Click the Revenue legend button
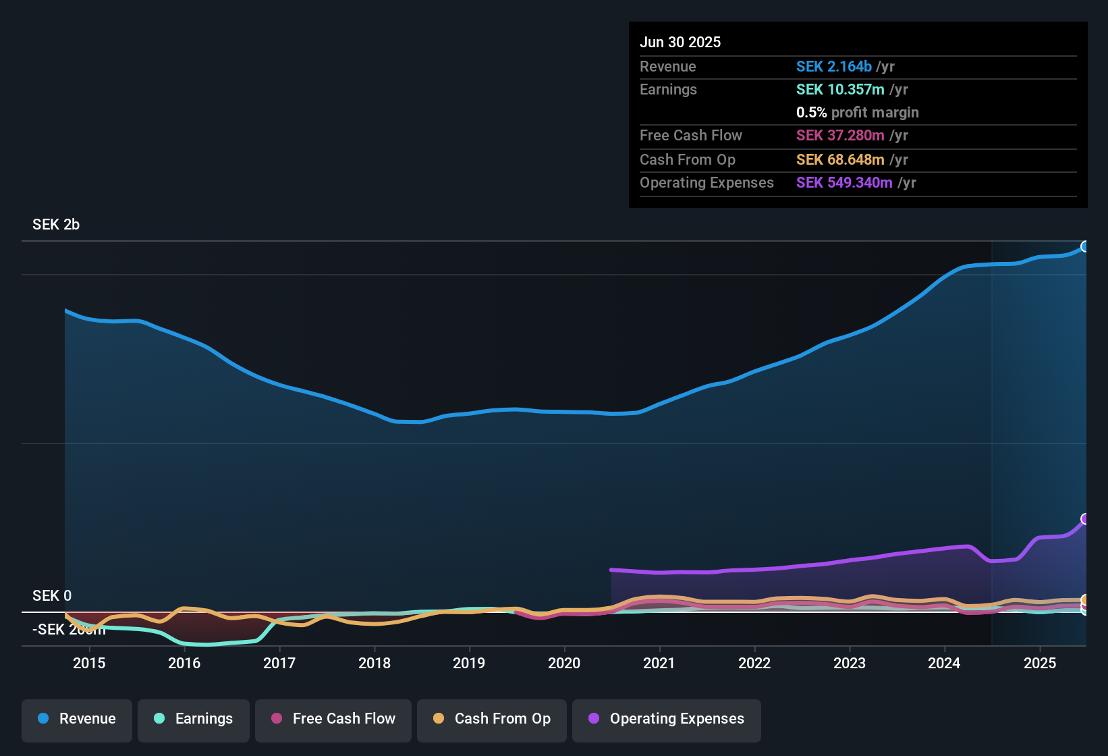click(77, 719)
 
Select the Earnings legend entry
click(194, 719)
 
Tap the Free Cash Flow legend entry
click(333, 719)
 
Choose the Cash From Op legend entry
click(492, 719)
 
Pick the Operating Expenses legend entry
click(667, 719)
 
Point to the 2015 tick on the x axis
click(89, 663)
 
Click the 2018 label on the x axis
click(375, 663)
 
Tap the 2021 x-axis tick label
click(659, 663)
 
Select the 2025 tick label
click(1040, 663)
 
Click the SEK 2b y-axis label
click(56, 225)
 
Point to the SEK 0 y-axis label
click(52, 595)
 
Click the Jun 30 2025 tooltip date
click(680, 42)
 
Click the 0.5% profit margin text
click(857, 113)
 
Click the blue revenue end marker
click(1085, 246)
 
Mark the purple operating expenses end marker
click(1085, 518)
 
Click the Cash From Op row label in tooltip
click(687, 160)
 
